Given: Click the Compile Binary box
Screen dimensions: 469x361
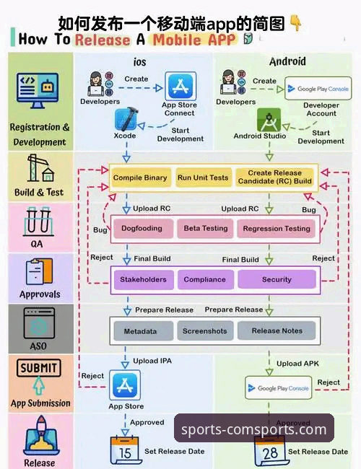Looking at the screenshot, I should pyautogui.click(x=140, y=177).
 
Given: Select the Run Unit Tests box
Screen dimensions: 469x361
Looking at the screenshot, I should pyautogui.click(x=202, y=177).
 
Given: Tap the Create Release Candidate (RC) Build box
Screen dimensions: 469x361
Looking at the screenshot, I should pyautogui.click(x=275, y=177).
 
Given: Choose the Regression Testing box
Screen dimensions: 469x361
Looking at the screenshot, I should pyautogui.click(x=277, y=229).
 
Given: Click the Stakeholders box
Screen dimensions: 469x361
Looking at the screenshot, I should pyautogui.click(x=143, y=279).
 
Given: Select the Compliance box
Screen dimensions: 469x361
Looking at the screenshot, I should pyautogui.click(x=205, y=279).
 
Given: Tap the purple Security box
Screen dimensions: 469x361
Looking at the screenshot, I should pyautogui.click(x=277, y=279).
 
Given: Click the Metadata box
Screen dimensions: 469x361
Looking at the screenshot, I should pyautogui.click(x=140, y=331).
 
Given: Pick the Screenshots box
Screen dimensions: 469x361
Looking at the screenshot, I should pyautogui.click(x=204, y=331).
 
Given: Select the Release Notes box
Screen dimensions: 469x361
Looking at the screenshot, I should pyautogui.click(x=277, y=331).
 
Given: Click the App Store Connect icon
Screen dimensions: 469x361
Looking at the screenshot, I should pyautogui.click(x=180, y=87).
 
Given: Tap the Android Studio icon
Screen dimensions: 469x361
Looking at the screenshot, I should pyautogui.click(x=268, y=118).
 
